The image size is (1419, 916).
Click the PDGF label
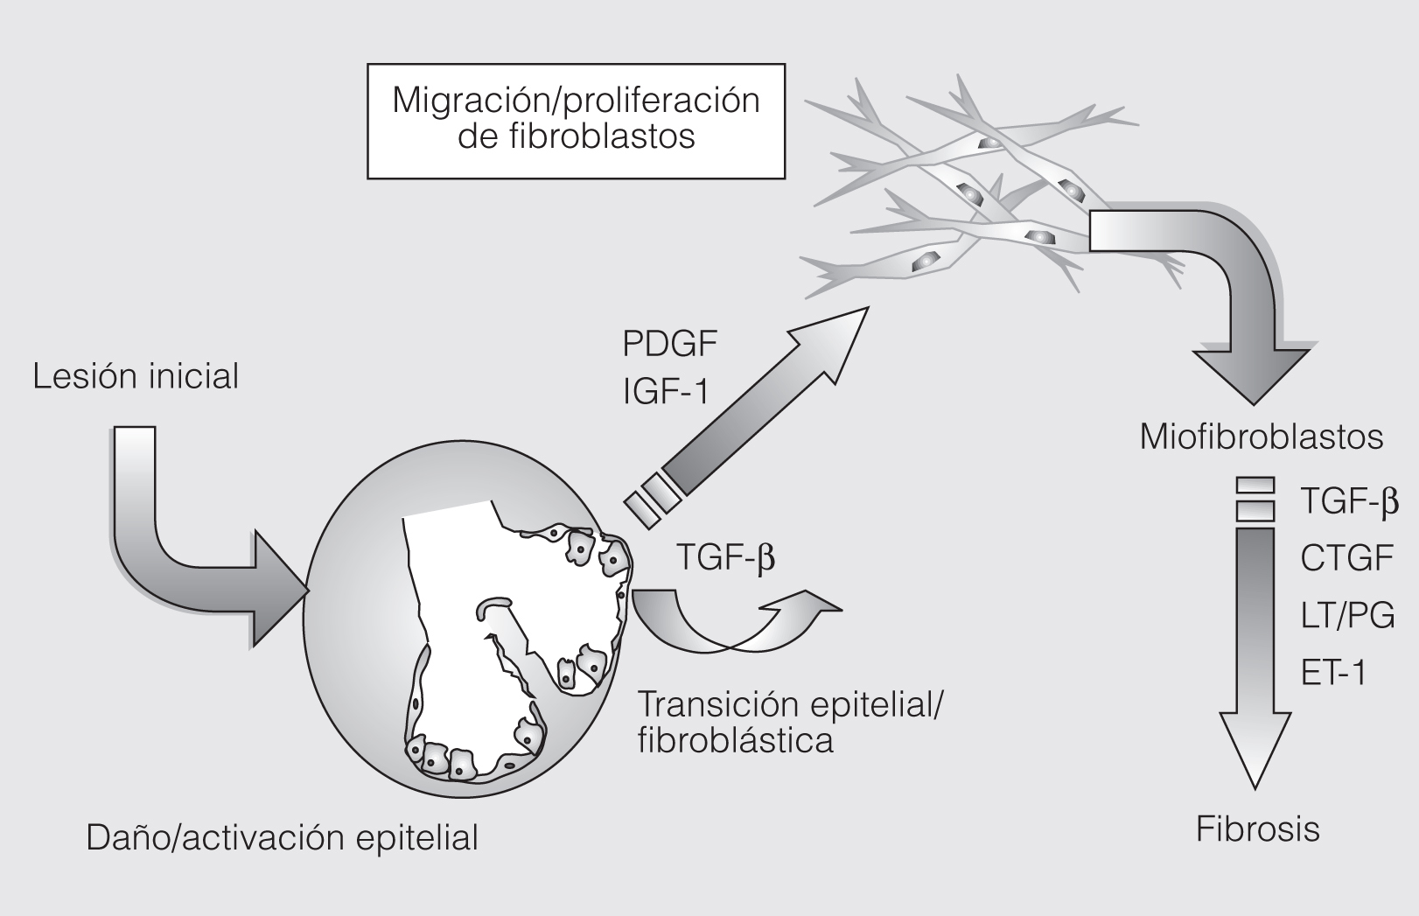click(x=669, y=344)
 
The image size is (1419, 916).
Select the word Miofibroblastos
click(x=1261, y=437)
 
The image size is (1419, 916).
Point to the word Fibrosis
click(x=1257, y=829)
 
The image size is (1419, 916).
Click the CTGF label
click(x=1346, y=557)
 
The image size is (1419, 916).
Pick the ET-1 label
click(x=1332, y=673)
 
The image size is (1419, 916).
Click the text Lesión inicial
click(x=136, y=376)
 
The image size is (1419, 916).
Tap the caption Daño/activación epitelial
click(x=282, y=837)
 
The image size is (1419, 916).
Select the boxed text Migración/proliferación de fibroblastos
click(x=576, y=119)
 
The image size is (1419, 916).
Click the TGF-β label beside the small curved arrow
click(x=725, y=557)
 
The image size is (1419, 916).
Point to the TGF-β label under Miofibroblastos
click(x=1349, y=501)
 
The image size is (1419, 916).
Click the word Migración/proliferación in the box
click(x=576, y=100)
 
